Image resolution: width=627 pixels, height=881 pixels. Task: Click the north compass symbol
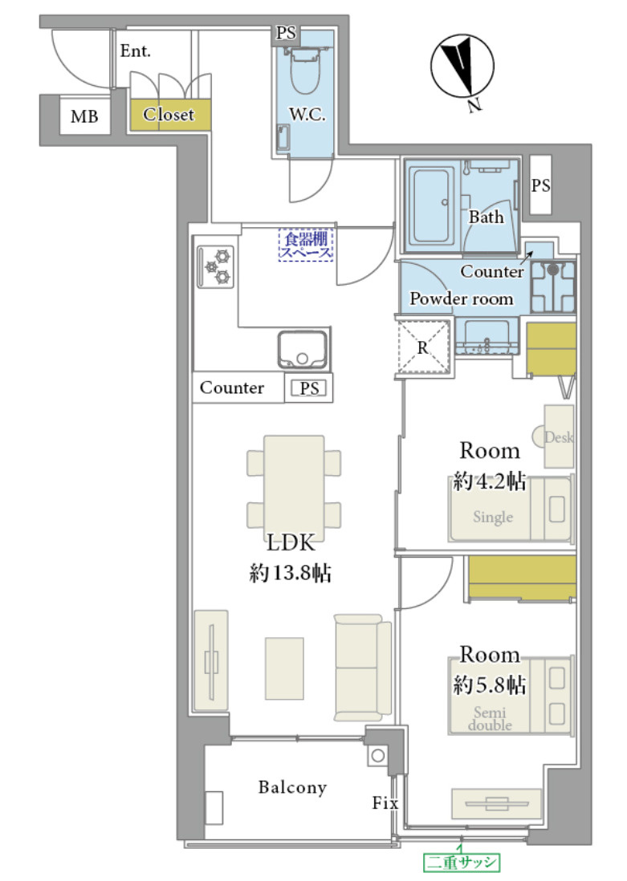[x=462, y=67]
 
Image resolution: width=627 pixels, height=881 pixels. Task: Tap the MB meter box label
[x=84, y=116]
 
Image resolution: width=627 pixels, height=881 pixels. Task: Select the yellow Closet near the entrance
[x=170, y=115]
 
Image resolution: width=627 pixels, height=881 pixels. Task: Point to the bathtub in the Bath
[x=432, y=205]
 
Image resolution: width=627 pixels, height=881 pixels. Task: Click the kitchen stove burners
[x=216, y=266]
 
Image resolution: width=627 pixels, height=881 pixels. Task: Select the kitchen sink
[x=303, y=350]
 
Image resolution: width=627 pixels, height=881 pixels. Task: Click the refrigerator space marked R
[x=424, y=347]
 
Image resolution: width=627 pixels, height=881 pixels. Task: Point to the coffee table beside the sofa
[x=284, y=668]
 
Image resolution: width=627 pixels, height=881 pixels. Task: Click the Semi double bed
[x=511, y=695]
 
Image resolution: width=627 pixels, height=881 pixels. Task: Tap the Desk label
[x=559, y=437]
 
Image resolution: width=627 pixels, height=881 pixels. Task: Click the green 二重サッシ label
[x=461, y=862]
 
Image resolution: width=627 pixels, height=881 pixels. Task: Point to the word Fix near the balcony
[x=385, y=803]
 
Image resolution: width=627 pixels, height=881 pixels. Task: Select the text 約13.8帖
[x=290, y=573]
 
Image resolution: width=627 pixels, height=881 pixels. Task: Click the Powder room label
[x=461, y=298]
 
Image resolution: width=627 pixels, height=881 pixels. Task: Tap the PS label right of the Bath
[x=541, y=185]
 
